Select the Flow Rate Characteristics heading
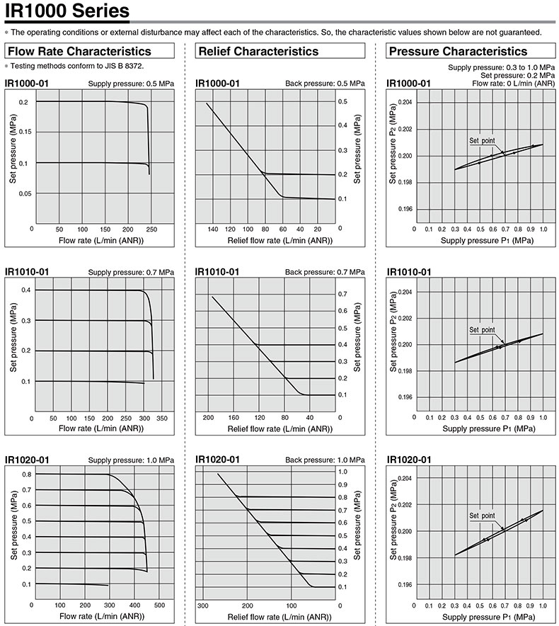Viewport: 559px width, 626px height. point(79,51)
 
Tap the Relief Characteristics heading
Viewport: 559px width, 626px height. point(258,51)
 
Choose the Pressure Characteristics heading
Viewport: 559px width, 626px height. point(458,51)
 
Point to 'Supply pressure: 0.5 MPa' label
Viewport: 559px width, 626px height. point(130,84)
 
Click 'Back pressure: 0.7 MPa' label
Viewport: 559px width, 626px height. point(325,272)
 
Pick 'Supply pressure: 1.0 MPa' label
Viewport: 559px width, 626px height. point(130,460)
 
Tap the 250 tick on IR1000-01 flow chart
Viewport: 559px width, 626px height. point(151,229)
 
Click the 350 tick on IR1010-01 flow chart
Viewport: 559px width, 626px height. point(161,419)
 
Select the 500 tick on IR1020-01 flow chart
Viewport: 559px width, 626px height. point(160,605)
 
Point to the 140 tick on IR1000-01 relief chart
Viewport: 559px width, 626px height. point(212,229)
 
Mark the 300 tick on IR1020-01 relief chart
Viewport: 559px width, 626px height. point(203,606)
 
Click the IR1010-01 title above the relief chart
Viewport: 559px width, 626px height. point(217,272)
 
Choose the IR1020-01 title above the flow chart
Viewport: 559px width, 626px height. point(27,460)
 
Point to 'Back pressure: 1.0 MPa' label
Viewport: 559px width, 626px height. point(325,460)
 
